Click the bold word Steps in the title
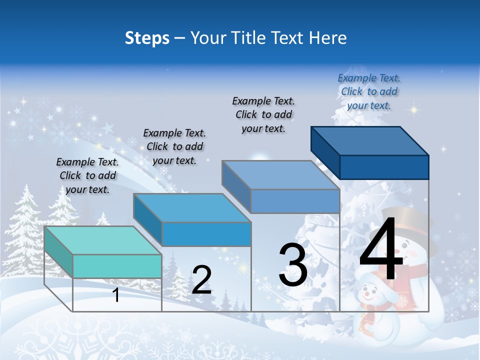pos(147,38)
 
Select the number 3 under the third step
pos(293,265)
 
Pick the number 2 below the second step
pos(201,280)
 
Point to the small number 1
pos(116,295)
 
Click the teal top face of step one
pos(102,240)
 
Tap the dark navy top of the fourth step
pos(369,140)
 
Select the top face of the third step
pos(280,175)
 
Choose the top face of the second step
pos(192,208)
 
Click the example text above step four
pos(369,91)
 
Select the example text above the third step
pos(263,114)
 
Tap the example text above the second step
pos(174,146)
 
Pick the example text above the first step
pos(87,175)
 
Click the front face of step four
pos(384,167)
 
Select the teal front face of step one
pos(117,266)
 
